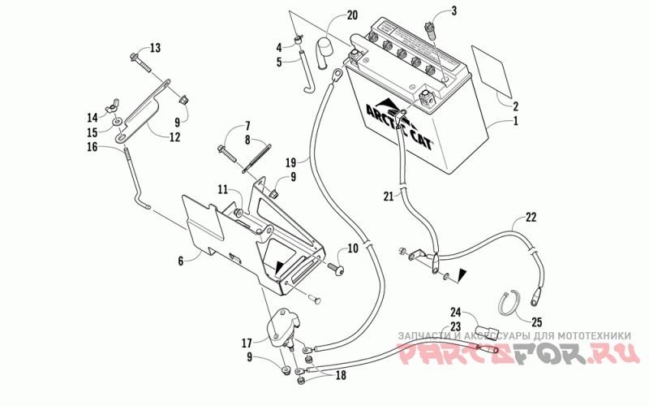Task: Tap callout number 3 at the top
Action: coord(453,11)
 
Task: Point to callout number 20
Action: coord(351,15)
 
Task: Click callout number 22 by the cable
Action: coord(531,217)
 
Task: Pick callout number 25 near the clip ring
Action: coord(536,322)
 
